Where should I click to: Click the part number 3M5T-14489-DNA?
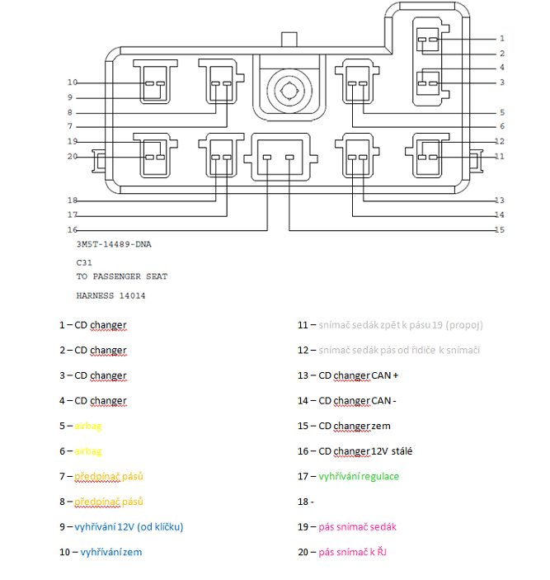pos(114,245)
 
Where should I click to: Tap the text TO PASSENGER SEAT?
pos(121,276)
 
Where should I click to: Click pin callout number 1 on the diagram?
pos(501,38)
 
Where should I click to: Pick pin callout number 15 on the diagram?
pos(499,230)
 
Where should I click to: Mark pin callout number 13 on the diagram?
pos(499,200)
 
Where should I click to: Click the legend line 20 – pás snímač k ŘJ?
pos(341,552)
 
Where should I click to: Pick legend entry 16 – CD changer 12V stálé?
pos(355,451)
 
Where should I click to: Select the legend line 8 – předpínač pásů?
pos(97,502)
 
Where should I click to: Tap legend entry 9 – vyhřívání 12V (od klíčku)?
pos(120,526)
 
